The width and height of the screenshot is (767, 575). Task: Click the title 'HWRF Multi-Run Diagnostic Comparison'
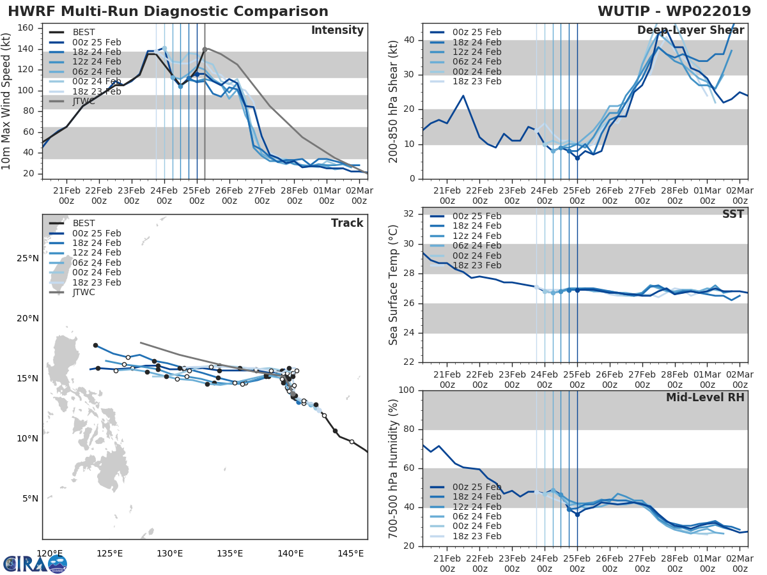click(x=168, y=11)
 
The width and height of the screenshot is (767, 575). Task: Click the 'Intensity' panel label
click(x=337, y=31)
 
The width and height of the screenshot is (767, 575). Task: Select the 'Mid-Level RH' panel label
click(x=705, y=397)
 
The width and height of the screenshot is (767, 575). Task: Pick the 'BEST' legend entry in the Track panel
click(x=84, y=223)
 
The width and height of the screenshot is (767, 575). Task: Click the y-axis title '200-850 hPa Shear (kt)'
click(x=394, y=101)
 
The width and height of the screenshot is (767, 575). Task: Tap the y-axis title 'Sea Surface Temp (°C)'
click(x=394, y=284)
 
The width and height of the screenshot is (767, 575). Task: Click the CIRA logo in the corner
click(x=35, y=563)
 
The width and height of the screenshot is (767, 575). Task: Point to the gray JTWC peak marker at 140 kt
click(x=205, y=49)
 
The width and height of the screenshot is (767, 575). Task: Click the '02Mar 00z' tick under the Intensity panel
click(x=359, y=195)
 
